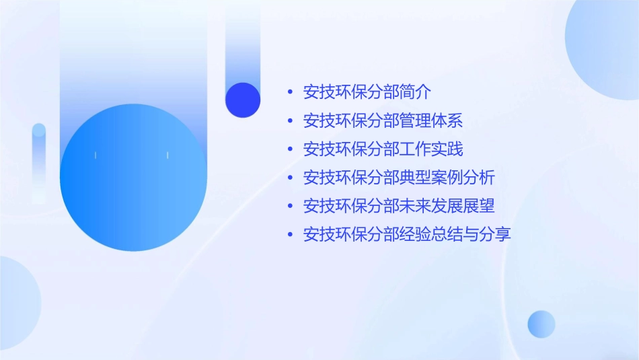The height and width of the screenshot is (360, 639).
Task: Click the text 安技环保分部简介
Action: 367,92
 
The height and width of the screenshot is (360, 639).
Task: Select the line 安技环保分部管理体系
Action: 383,120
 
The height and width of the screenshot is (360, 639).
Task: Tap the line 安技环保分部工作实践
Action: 383,149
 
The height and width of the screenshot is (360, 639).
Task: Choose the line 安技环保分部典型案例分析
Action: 399,178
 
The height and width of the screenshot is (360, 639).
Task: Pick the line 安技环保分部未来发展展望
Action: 399,206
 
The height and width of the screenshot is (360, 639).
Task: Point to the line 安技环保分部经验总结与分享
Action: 407,234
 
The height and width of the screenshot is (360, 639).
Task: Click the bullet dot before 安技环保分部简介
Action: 290,92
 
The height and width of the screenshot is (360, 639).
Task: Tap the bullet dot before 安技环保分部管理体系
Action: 290,121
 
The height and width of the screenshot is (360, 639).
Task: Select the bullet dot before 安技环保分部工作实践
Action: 290,149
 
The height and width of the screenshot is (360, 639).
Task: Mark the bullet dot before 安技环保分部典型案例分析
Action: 290,178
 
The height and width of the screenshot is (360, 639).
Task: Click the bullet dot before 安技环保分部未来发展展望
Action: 290,206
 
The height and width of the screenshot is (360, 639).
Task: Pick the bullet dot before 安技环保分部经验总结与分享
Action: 290,235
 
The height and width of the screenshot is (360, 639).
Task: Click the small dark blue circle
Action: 243,100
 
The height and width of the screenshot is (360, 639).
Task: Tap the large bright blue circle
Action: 133,178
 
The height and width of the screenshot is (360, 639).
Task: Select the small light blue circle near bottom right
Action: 541,324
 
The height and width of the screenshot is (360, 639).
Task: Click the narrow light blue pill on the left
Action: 39,161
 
